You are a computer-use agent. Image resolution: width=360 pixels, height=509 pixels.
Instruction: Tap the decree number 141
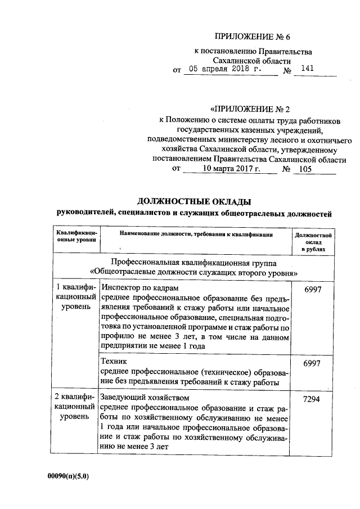308,69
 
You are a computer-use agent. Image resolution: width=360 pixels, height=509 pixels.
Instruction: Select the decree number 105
305,168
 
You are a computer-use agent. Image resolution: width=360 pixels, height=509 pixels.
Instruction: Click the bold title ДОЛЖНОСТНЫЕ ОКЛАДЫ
195,201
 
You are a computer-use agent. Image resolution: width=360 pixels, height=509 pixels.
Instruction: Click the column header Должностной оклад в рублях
312,240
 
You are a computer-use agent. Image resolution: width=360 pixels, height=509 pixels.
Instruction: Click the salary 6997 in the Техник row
312,363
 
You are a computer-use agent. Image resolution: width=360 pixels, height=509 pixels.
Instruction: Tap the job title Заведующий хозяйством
145,398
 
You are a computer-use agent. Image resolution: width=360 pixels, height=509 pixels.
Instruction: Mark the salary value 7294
312,398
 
